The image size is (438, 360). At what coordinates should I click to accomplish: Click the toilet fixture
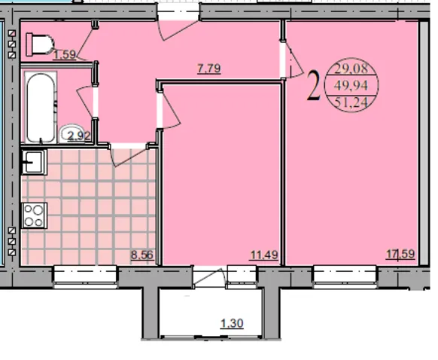(x=40, y=44)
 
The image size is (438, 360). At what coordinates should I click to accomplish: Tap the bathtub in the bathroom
(x=41, y=108)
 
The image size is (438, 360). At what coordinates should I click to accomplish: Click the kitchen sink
(x=34, y=162)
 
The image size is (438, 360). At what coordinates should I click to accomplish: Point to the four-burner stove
(x=34, y=215)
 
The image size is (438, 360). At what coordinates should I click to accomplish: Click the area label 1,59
(x=65, y=54)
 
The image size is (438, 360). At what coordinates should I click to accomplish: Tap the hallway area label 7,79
(x=209, y=69)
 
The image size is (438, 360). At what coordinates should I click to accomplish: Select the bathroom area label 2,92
(x=79, y=136)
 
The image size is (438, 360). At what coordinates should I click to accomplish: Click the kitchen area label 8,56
(x=142, y=255)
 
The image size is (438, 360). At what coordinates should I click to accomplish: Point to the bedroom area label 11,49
(x=264, y=255)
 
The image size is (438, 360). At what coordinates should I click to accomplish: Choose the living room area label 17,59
(x=400, y=254)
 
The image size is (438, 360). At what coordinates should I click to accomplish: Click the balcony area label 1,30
(x=232, y=324)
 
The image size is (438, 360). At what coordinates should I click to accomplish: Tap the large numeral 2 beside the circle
(x=313, y=86)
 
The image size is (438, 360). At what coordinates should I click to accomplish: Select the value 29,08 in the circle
(x=351, y=69)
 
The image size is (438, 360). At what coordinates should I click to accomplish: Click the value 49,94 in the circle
(x=351, y=85)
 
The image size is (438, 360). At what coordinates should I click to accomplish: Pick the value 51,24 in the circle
(x=351, y=102)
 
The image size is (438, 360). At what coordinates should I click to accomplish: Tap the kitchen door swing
(x=129, y=157)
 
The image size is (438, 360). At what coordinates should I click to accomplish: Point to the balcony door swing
(x=208, y=276)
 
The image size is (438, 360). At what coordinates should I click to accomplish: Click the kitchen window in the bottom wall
(x=85, y=276)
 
